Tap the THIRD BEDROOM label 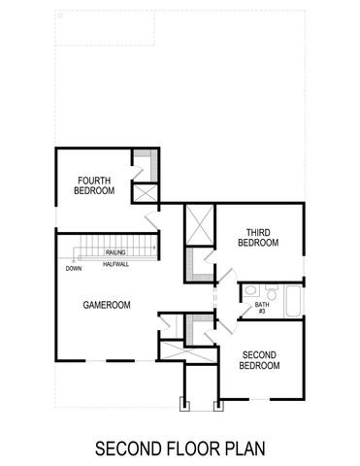click(x=257, y=237)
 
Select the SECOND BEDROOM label click(x=259, y=359)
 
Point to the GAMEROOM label click(x=108, y=304)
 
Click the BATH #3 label click(x=261, y=309)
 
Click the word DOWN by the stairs click(x=74, y=268)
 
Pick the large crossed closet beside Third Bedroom click(x=199, y=224)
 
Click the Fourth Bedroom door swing click(x=152, y=217)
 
